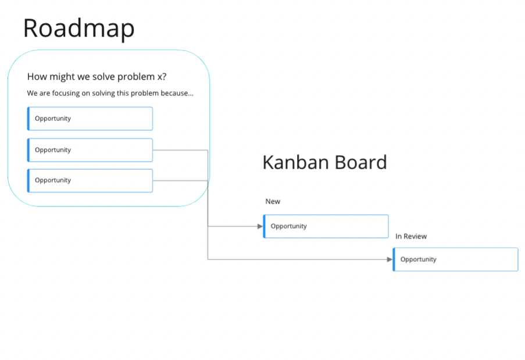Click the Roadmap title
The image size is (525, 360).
tap(78, 28)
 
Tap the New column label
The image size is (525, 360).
tap(273, 201)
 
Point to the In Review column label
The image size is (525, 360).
tap(411, 236)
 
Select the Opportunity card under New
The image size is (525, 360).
tap(326, 226)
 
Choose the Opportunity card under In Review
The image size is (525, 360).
tap(455, 259)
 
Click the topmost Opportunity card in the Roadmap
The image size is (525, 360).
tap(90, 119)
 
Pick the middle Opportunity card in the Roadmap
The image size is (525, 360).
tap(90, 150)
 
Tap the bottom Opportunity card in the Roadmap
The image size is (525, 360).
tap(90, 180)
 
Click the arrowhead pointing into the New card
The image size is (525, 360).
tap(260, 226)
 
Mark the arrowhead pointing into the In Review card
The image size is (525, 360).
tap(390, 259)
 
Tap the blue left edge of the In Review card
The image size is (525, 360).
tap(394, 259)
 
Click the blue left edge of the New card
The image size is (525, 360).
tap(264, 226)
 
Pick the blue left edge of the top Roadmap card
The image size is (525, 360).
tap(28, 119)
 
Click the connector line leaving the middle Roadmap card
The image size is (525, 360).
tap(180, 150)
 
